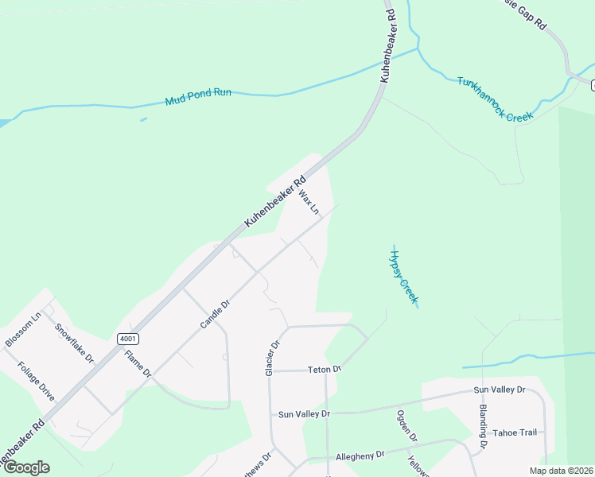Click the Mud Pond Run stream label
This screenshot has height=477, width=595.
click(x=198, y=97)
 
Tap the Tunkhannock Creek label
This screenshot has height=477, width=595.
click(x=494, y=99)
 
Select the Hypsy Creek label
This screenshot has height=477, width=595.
click(x=403, y=274)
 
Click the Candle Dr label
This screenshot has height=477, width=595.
click(x=215, y=314)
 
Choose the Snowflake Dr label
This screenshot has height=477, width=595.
click(x=74, y=343)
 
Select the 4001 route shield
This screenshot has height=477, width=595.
click(x=128, y=339)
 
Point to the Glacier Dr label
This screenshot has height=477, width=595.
click(x=273, y=359)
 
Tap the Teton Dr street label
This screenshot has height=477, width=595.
click(x=325, y=370)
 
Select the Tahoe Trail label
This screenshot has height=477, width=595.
click(x=514, y=432)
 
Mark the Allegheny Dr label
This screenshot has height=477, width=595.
click(x=360, y=455)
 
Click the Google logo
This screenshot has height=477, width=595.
click(x=25, y=467)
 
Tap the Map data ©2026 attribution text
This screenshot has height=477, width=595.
click(x=561, y=471)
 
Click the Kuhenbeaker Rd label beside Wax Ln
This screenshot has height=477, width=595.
click(x=274, y=202)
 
